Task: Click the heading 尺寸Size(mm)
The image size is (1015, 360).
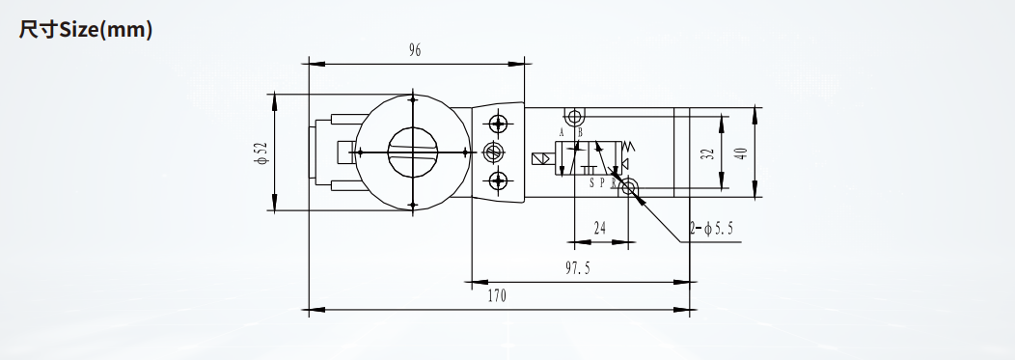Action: [86, 30]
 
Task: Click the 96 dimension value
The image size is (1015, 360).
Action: [415, 50]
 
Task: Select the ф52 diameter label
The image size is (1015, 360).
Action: [262, 152]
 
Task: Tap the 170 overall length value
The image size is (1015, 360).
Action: [497, 296]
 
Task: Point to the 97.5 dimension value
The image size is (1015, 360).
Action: [577, 268]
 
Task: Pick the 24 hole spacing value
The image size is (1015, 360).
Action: [600, 228]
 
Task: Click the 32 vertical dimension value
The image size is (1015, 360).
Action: [708, 154]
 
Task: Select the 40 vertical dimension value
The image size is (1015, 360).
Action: [741, 153]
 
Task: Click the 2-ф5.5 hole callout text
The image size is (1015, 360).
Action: [712, 229]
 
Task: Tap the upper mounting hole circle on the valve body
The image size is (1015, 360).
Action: [573, 117]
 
